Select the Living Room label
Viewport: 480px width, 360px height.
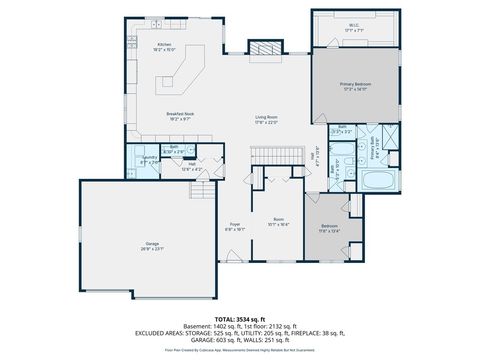(265, 119)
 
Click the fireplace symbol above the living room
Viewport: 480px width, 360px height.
(264, 49)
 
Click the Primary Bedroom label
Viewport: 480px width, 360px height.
(355, 87)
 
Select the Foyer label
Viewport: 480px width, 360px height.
(234, 225)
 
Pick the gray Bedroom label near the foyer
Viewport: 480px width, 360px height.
(329, 227)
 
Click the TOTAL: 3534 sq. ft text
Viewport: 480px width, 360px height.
(240, 316)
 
